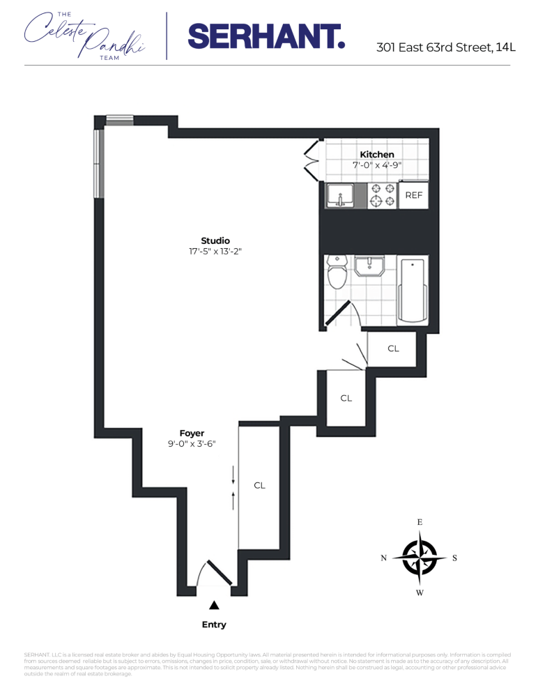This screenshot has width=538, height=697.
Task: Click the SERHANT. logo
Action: tap(266, 36)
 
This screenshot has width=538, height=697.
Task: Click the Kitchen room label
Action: tap(377, 154)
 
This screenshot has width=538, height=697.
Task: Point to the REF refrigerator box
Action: tap(414, 196)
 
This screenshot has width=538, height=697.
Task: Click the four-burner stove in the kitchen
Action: tap(382, 196)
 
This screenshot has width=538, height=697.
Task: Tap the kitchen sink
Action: tap(341, 196)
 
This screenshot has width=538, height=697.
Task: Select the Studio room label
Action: tap(215, 240)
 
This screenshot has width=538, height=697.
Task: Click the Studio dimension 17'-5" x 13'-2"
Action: tap(215, 252)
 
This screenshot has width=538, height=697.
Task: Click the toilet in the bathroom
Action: tap(338, 272)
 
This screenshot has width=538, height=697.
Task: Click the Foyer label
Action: tap(192, 433)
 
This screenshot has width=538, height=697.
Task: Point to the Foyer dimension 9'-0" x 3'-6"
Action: tap(192, 444)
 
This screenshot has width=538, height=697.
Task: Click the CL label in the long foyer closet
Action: tap(259, 485)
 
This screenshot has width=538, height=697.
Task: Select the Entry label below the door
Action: tap(214, 625)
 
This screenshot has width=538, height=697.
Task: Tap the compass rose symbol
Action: tap(420, 558)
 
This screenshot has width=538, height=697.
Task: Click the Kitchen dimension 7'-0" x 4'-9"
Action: tap(377, 165)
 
